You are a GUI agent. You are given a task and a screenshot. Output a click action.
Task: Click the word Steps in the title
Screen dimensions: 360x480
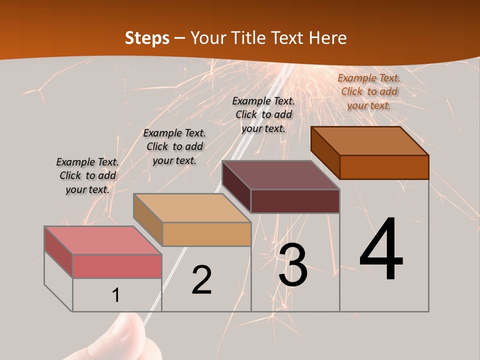point(146,38)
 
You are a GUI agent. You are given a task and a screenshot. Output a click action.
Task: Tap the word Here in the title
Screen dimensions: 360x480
point(327,38)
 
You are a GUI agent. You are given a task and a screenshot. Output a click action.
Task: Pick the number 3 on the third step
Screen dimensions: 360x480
point(293,265)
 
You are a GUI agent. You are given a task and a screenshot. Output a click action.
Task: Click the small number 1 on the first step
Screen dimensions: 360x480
point(116,295)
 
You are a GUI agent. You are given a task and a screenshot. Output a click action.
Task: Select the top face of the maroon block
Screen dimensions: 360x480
point(281,175)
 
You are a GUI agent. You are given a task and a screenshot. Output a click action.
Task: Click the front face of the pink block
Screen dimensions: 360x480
point(117,266)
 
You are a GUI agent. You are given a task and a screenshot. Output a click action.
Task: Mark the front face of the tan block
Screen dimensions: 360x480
point(206,234)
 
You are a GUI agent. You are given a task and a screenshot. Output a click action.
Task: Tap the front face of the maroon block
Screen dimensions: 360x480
point(295,201)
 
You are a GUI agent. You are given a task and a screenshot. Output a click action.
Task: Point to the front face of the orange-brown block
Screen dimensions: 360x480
point(384,167)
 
